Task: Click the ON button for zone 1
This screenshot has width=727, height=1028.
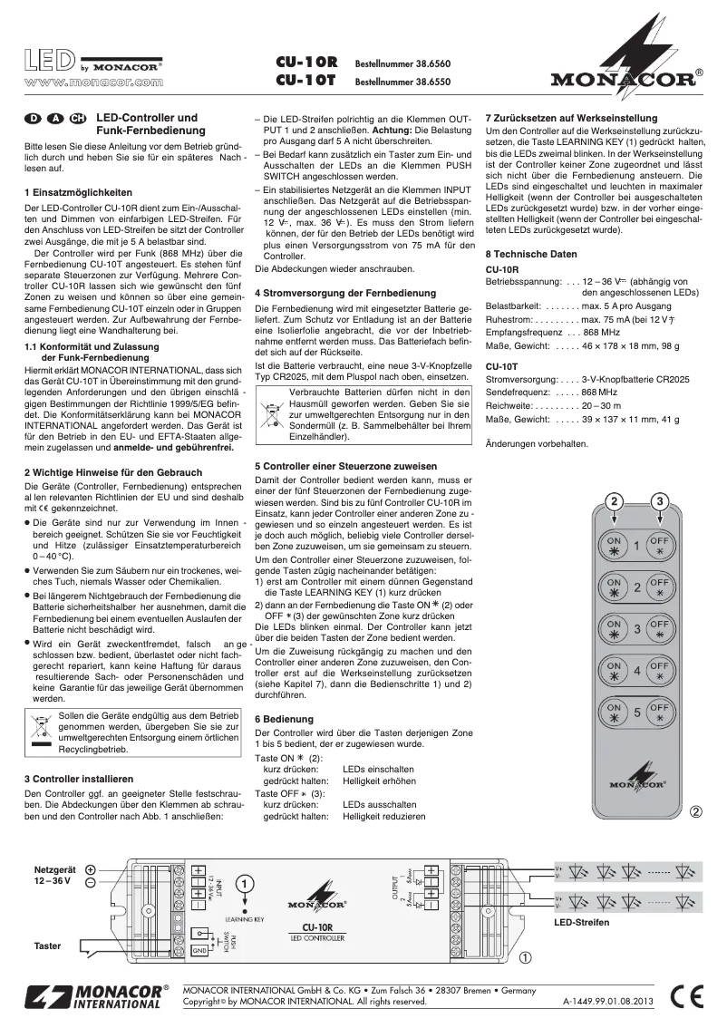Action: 614,546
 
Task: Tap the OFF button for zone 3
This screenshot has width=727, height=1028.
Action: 660,629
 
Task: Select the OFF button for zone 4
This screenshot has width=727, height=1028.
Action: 660,671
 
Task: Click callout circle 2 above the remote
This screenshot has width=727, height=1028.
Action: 614,501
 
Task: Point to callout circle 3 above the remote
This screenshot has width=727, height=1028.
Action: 661,501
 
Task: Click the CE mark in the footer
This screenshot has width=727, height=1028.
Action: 689,996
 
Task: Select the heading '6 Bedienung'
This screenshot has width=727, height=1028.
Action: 286,718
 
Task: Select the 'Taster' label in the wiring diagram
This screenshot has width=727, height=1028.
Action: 48,946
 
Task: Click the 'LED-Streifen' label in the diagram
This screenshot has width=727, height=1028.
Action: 582,922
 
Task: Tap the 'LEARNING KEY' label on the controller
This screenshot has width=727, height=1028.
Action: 245,918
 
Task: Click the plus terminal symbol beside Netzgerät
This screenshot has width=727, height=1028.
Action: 92,868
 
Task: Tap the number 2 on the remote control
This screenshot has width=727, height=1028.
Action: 636,587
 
